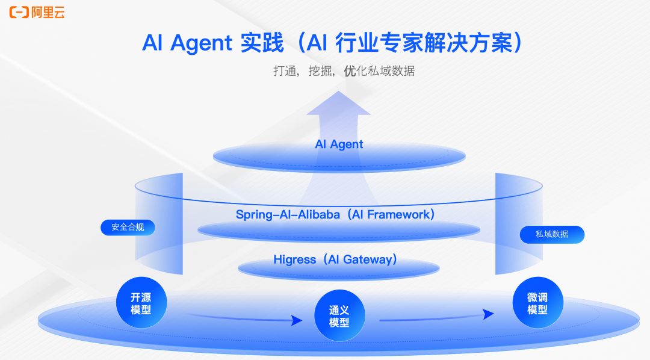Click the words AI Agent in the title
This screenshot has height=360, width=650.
click(187, 43)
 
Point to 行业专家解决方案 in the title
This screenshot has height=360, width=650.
click(431, 43)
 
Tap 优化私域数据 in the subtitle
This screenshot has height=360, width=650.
click(379, 71)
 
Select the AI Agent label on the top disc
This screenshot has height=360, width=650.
click(339, 144)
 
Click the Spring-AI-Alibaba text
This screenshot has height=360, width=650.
click(289, 214)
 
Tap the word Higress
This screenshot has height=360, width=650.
click(294, 259)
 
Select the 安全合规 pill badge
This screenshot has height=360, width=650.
click(128, 228)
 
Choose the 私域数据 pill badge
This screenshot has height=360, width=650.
click(552, 234)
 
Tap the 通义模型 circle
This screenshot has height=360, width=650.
click(339, 316)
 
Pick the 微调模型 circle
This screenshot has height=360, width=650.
click(537, 303)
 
